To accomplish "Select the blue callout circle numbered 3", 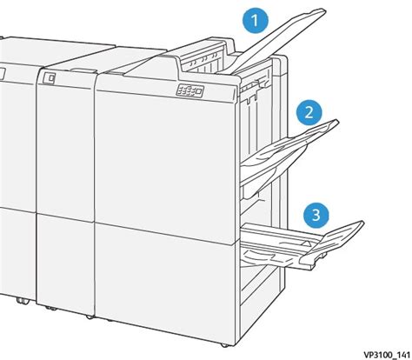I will [318, 213].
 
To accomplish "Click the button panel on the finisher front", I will [187, 91].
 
